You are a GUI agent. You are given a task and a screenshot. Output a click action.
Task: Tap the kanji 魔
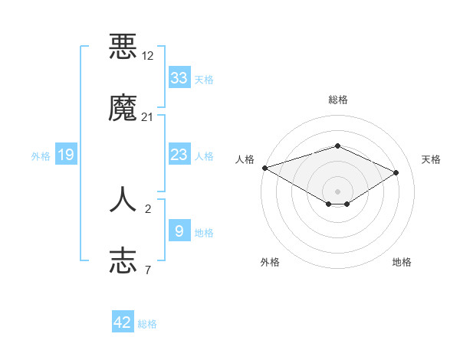click(x=123, y=110)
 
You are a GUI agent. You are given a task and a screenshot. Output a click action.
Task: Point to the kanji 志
click(x=123, y=260)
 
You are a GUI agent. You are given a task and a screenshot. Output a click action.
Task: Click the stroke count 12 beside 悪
click(x=148, y=57)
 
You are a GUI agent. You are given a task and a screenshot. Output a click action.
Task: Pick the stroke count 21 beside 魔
click(x=148, y=117)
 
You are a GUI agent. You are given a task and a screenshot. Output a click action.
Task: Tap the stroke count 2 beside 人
click(x=148, y=208)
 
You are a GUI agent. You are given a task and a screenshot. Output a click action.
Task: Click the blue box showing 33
click(x=179, y=78)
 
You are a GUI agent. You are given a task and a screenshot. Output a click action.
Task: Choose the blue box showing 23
click(x=179, y=155)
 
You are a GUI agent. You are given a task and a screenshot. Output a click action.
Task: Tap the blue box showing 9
click(x=179, y=231)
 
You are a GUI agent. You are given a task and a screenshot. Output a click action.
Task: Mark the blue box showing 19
click(x=66, y=155)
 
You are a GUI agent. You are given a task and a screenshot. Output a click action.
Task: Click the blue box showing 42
click(x=123, y=322)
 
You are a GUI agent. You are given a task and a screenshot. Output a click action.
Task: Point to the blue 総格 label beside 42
click(x=147, y=324)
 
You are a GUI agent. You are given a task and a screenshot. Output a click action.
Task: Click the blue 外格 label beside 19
click(x=41, y=156)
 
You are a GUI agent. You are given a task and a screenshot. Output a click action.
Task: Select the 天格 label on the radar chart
click(x=431, y=159)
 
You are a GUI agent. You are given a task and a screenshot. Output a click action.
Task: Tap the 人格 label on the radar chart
click(x=245, y=159)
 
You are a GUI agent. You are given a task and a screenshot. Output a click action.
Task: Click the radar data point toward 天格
click(x=396, y=173)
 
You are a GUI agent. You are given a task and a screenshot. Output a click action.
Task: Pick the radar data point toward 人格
click(x=264, y=168)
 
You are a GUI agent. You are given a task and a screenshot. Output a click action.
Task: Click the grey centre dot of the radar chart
click(x=337, y=191)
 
